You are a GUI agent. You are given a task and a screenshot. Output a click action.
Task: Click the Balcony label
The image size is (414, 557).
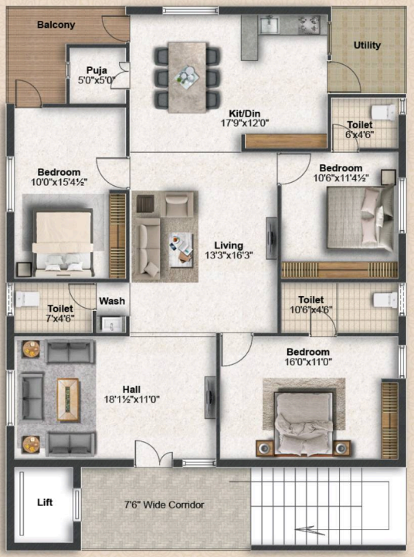pyautogui.click(x=56, y=25)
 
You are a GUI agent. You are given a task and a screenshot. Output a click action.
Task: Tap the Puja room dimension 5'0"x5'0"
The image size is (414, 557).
pyautogui.click(x=97, y=80)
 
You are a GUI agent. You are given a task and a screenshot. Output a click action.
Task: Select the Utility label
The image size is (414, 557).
pyautogui.click(x=367, y=45)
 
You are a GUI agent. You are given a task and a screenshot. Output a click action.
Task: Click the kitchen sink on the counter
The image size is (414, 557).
pyautogui.click(x=270, y=25)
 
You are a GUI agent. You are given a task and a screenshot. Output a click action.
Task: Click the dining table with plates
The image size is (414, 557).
pyautogui.click(x=188, y=77)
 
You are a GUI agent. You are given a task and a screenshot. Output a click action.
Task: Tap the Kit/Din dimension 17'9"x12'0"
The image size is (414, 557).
pyautogui.click(x=245, y=123)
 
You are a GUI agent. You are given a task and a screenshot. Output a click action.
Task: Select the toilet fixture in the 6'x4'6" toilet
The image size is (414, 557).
pyautogui.click(x=383, y=113)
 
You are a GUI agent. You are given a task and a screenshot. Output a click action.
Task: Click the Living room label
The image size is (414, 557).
pyautogui.click(x=229, y=245)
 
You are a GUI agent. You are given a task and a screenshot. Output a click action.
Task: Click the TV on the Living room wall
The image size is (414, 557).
pyautogui.click(x=271, y=238)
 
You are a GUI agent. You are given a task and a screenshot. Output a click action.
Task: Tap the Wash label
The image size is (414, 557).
pyautogui.click(x=112, y=301)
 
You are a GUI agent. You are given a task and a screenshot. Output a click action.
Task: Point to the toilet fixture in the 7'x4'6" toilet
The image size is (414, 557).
pyautogui.click(x=27, y=299)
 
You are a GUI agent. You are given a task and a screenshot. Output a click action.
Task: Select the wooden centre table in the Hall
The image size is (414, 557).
pyautogui.click(x=68, y=400)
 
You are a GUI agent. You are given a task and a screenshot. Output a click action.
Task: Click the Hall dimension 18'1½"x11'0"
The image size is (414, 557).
pyautogui.click(x=131, y=400)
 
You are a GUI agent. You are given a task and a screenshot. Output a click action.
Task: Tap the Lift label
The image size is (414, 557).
pyautogui.click(x=45, y=502)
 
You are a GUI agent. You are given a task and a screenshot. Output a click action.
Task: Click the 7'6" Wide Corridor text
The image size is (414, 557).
pyautogui.click(x=164, y=505)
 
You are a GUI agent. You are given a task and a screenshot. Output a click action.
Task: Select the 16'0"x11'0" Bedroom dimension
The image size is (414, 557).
pyautogui.click(x=308, y=362)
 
